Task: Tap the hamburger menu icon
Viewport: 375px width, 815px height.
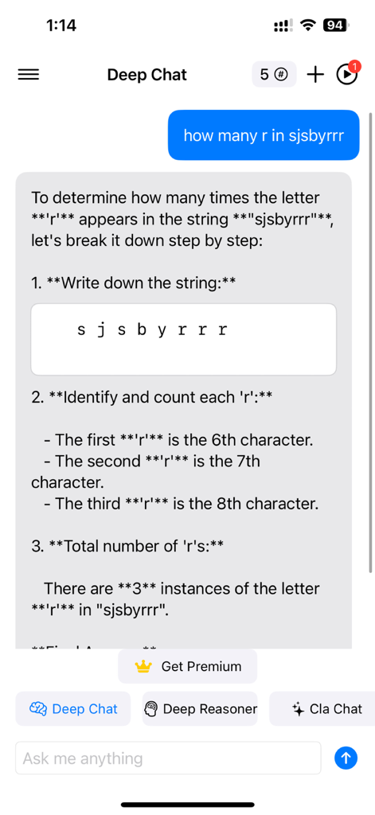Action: (29, 75)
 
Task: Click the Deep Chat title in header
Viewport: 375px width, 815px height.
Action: (146, 75)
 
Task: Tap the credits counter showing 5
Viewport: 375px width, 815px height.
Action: (274, 75)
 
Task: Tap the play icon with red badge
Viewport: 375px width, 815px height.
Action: (346, 75)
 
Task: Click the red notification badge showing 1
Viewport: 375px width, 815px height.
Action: (355, 65)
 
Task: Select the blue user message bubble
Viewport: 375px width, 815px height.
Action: (264, 135)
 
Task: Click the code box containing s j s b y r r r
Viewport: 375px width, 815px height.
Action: (183, 339)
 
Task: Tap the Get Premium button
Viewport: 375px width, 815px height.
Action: (188, 666)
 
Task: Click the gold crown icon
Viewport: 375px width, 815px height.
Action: (143, 666)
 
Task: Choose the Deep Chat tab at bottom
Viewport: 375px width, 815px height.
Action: (73, 708)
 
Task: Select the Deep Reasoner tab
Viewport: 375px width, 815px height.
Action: (201, 708)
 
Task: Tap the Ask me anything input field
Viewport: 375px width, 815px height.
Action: (167, 758)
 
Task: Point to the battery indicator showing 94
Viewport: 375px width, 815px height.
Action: (334, 25)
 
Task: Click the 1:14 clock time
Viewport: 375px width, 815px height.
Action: (61, 25)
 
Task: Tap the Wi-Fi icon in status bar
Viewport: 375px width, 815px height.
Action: (307, 25)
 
